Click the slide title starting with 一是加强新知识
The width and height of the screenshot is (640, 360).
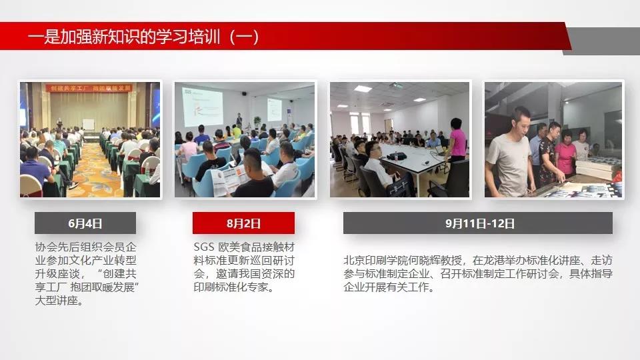point(143,37)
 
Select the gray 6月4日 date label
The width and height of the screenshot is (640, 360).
point(85,223)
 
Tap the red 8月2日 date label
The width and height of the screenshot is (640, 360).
point(244,223)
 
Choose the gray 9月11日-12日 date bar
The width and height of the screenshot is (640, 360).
point(478,223)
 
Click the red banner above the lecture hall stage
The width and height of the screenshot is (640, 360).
point(89,88)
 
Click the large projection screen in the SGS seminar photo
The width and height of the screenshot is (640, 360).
point(203,107)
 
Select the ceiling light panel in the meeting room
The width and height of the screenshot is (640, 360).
point(363,89)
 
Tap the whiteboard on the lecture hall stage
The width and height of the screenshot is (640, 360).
point(88,124)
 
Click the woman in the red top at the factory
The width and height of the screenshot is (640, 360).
point(566,153)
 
